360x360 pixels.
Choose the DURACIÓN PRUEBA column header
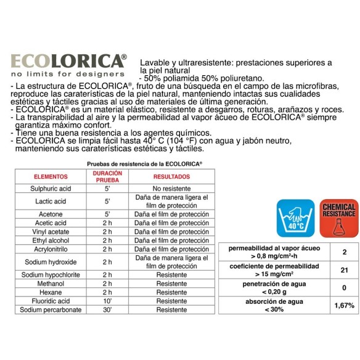coord(108,176)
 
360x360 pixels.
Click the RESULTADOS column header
coord(171,176)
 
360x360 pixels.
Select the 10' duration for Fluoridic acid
coord(108,301)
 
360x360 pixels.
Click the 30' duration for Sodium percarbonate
coord(108,310)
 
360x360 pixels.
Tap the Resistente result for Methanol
coord(171,283)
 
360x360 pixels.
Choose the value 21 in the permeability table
coord(345,269)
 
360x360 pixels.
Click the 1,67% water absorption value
coord(345,305)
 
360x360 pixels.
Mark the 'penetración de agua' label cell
coord(274,287)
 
